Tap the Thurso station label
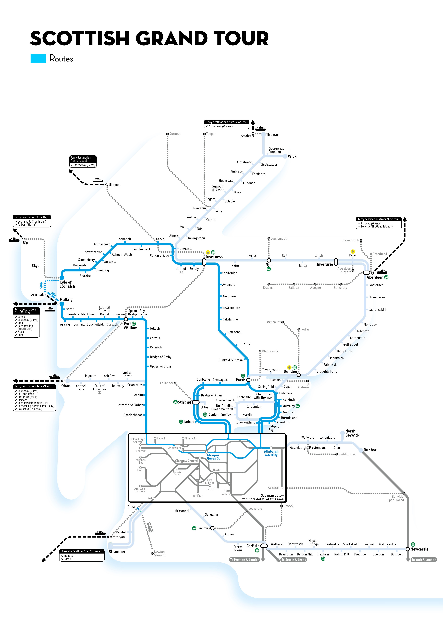[x=272, y=135]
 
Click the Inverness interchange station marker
[x=204, y=262]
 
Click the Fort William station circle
[x=126, y=319]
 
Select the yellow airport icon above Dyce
[x=353, y=251]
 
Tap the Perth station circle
[x=248, y=380]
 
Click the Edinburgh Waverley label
[x=271, y=453]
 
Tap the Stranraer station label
[x=117, y=552]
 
